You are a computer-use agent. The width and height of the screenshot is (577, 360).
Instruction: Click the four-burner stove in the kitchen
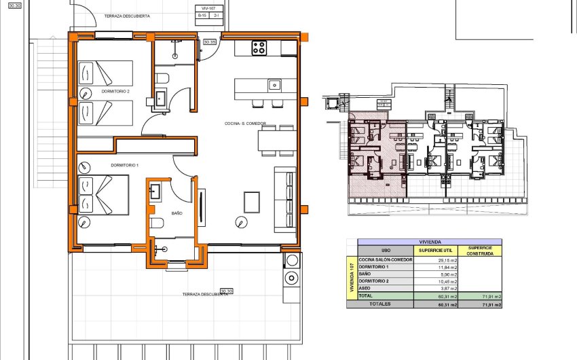[x=259, y=48]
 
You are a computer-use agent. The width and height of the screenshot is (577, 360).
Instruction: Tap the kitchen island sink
[x=274, y=85]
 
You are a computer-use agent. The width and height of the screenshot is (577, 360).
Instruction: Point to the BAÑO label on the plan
[x=176, y=213]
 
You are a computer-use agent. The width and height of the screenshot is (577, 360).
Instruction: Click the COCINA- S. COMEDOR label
[x=246, y=124]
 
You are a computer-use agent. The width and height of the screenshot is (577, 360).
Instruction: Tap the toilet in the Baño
[x=157, y=225]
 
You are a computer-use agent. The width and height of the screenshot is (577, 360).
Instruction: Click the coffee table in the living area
[x=251, y=201]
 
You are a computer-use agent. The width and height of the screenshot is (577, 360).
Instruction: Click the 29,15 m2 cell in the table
[x=437, y=259]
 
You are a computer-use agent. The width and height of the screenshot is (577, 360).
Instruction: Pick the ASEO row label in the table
[x=367, y=288]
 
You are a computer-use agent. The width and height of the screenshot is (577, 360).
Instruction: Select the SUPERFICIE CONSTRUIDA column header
[x=480, y=251]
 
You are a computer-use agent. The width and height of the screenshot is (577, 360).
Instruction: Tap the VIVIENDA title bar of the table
[x=430, y=242]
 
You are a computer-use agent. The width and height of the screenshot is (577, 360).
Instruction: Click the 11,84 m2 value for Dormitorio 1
[x=437, y=267]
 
